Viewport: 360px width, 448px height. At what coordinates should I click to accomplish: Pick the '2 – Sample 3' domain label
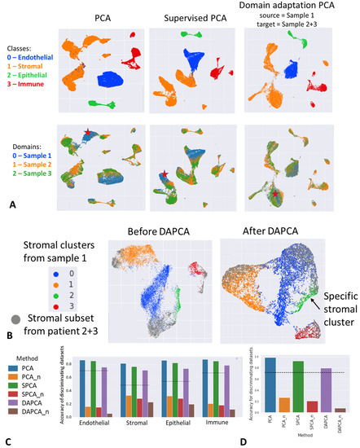tap(24, 172)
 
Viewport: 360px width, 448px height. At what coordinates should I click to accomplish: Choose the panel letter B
tap(8, 355)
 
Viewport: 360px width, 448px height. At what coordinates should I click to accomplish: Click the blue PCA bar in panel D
tap(257, 385)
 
